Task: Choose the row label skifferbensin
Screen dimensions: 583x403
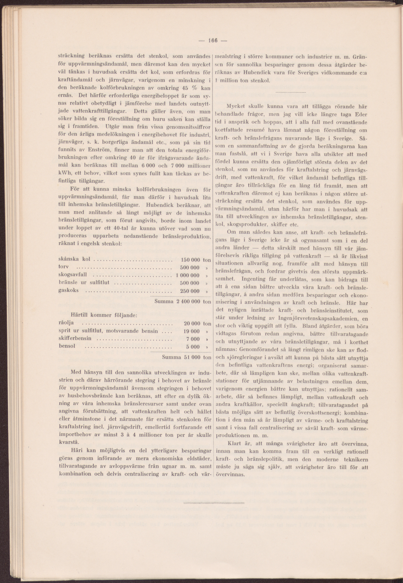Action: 75,338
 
